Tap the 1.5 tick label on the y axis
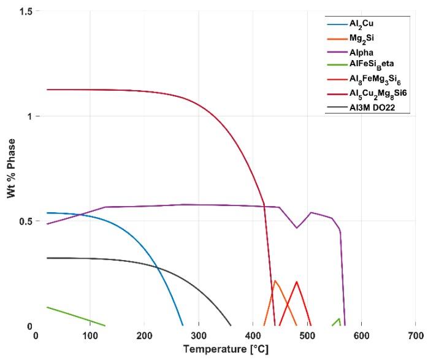[25, 11]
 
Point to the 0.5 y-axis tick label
[25, 221]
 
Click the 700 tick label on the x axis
[415, 335]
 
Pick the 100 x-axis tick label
[90, 335]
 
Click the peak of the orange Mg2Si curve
[275, 281]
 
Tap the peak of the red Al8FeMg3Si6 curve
[297, 281]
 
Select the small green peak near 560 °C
[340, 318]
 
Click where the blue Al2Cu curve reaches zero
[183, 326]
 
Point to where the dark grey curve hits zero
[231, 326]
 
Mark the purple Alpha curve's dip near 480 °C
[297, 228]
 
